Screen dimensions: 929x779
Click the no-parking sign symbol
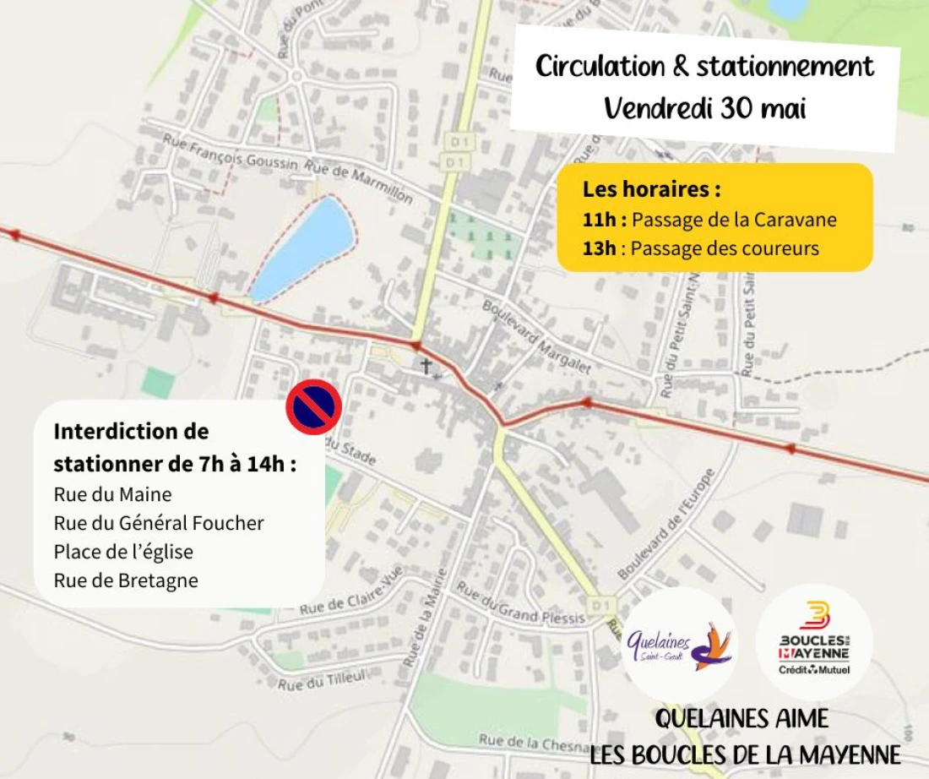click(313, 407)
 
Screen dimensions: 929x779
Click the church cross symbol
click(427, 367)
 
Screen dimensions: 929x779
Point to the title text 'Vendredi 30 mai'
click(705, 108)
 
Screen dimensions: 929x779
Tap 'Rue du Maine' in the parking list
click(112, 494)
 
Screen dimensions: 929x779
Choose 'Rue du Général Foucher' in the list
click(159, 523)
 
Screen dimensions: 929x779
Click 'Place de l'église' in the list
click(123, 552)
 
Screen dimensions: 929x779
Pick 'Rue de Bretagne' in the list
click(126, 580)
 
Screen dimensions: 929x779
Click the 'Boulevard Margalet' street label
click(537, 336)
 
